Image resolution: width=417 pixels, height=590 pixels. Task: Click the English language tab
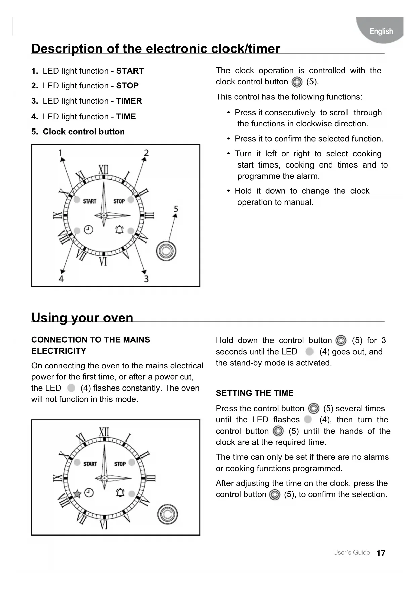381,31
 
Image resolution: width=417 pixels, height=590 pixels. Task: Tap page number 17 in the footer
381,553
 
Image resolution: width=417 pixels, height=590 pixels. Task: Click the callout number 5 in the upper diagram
176,209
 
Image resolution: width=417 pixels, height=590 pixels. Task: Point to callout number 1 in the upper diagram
61,153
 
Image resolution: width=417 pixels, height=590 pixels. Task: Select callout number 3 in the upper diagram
146,279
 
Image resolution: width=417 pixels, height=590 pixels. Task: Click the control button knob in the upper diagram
166,251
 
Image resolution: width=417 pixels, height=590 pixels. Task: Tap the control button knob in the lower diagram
168,514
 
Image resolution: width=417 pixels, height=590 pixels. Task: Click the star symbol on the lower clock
77,494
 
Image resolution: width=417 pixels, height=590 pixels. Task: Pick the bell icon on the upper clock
119,230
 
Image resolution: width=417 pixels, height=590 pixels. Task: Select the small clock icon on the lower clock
89,493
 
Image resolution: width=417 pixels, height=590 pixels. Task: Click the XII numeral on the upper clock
103,170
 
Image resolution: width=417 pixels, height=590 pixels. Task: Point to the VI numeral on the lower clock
103,524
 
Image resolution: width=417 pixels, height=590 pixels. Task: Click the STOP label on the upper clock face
119,201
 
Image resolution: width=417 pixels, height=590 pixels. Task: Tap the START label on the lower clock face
90,464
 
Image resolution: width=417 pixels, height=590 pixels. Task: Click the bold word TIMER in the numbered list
129,101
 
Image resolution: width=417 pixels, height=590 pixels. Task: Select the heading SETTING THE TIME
254,393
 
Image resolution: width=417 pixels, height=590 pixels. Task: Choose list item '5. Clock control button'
78,132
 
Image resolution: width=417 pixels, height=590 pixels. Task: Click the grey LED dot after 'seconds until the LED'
309,352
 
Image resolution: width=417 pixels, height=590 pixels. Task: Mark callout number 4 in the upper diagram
61,279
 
